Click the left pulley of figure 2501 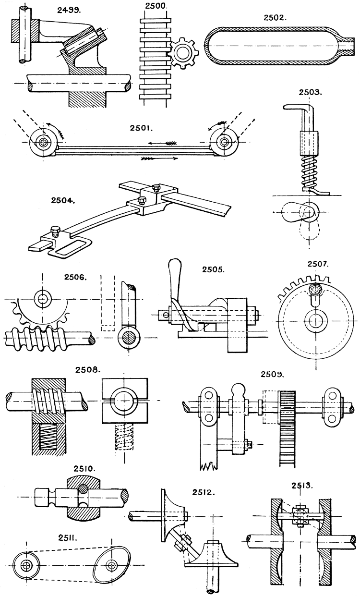tap(44, 143)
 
